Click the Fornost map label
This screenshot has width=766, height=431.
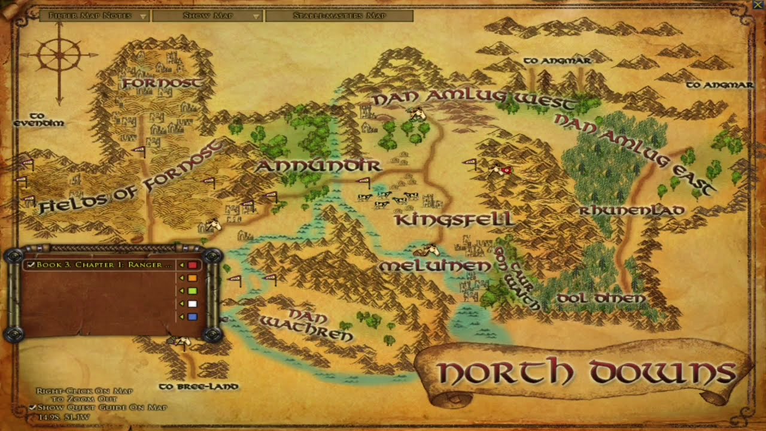point(162,83)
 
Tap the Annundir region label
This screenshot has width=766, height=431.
point(318,165)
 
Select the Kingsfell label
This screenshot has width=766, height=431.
point(454,220)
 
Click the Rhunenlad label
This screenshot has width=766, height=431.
point(631,210)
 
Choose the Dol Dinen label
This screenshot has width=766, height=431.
point(601,298)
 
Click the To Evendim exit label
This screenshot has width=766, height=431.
point(39,119)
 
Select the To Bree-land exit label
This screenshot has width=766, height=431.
point(199,387)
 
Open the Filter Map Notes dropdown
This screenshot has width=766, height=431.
point(94,16)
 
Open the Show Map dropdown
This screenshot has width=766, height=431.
point(207,16)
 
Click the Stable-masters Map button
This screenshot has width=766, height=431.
point(339,16)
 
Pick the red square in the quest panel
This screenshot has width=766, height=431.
point(193,265)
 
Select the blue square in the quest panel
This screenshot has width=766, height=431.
point(193,317)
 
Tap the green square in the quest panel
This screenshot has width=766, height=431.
point(193,291)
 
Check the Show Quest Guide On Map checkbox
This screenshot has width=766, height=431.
point(34,408)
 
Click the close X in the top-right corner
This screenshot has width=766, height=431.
point(758,5)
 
